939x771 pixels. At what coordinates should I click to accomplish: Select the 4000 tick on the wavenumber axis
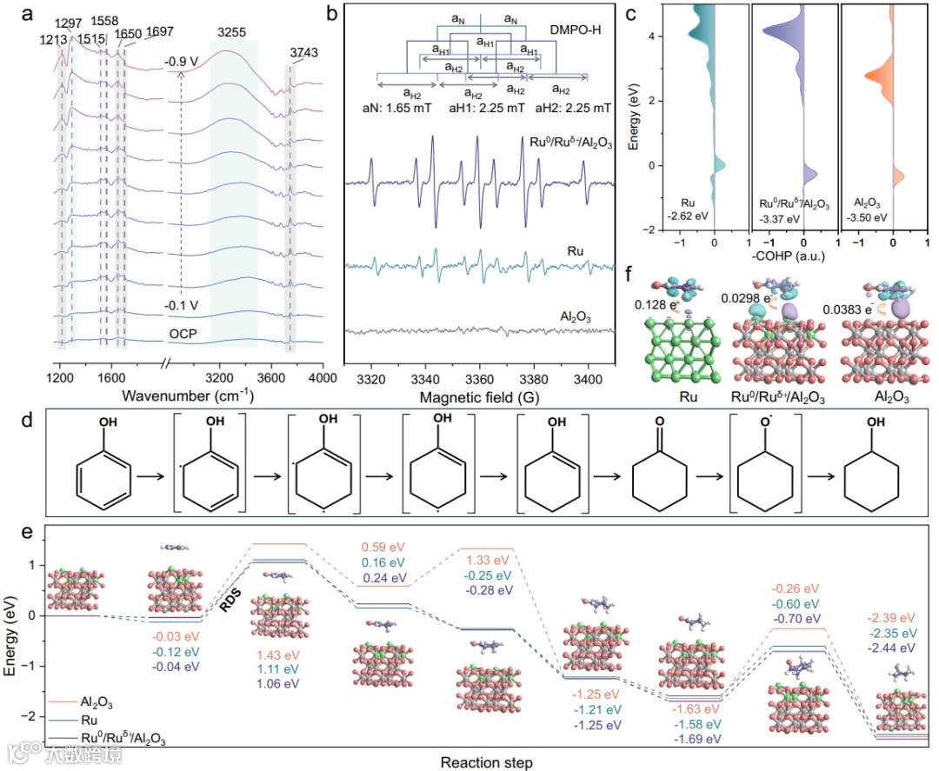(323, 379)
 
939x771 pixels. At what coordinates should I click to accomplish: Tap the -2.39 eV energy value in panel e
(889, 618)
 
